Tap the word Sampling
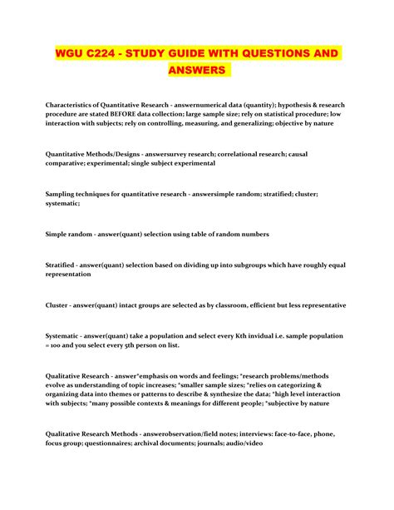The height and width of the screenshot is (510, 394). tap(62, 201)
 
